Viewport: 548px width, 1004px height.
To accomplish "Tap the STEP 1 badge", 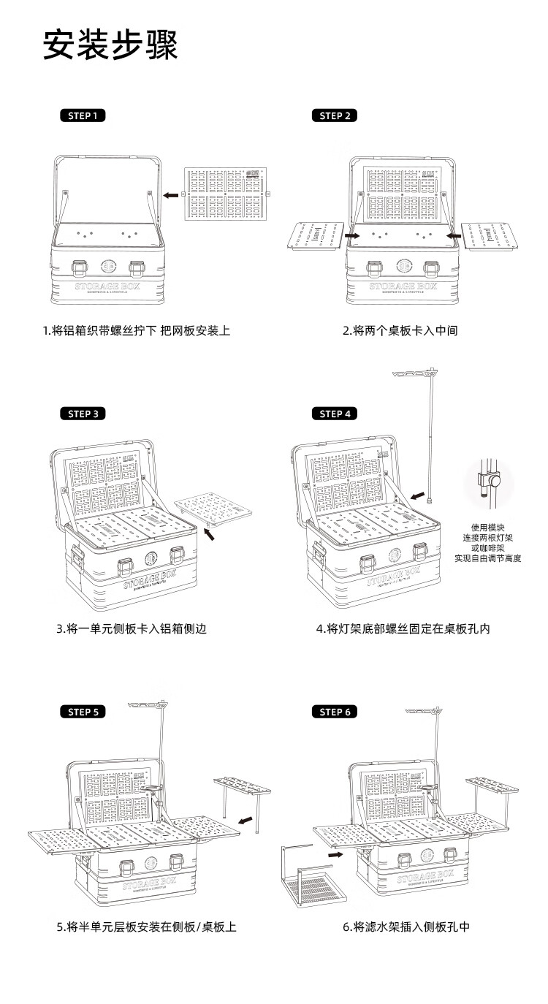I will [83, 115].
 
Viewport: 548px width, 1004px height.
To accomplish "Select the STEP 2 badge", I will [335, 115].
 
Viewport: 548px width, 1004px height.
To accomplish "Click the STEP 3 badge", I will [83, 414].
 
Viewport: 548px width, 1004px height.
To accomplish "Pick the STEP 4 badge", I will [335, 414].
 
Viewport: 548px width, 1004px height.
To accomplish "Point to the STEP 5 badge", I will [83, 712].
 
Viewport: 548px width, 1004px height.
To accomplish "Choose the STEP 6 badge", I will [335, 712].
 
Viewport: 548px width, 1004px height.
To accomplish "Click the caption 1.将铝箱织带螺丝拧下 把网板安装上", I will [137, 330].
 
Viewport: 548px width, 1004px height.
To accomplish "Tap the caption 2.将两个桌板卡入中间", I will [400, 330].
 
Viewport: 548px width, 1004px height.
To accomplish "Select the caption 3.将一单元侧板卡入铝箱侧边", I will [132, 628].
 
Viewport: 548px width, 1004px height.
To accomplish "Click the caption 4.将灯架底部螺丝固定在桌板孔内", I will [403, 628].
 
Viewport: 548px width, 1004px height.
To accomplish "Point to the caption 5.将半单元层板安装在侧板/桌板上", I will [147, 927].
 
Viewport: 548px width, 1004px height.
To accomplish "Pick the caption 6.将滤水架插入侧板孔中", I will [406, 927].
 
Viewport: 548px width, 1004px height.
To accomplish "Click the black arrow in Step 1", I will [171, 195].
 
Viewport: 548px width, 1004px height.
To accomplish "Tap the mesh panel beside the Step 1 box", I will [225, 194].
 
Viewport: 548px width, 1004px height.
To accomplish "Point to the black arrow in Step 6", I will [336, 853].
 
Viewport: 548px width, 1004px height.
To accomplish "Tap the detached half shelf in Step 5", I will [243, 793].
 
